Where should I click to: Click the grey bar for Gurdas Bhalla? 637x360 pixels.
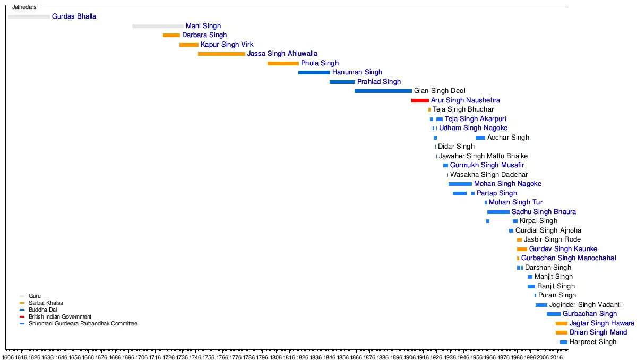[x=29, y=16]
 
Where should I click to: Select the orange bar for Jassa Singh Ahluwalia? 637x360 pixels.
[x=221, y=54]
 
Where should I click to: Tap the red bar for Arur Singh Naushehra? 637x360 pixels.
[x=420, y=100]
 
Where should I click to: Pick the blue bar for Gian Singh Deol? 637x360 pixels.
[x=383, y=91]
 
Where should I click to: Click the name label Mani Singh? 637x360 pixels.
[x=203, y=26]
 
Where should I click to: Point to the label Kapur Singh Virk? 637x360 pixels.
[x=227, y=45]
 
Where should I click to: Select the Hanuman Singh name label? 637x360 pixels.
[x=357, y=72]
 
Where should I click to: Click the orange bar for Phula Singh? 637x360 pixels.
[x=283, y=63]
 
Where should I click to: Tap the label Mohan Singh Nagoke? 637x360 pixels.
[x=507, y=184]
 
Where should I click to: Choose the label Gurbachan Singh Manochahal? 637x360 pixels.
[x=569, y=258]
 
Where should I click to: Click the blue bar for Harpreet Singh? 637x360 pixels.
[x=563, y=342]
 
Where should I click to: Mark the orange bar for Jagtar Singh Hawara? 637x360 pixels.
[x=561, y=323]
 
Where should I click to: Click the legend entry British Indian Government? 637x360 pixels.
[x=60, y=316]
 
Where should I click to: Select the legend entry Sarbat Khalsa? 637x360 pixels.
[x=46, y=303]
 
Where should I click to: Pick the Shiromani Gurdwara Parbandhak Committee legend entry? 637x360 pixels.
[x=83, y=323]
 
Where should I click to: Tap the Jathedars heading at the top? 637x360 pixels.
[x=24, y=7]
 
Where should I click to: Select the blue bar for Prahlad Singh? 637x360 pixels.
[x=342, y=82]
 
